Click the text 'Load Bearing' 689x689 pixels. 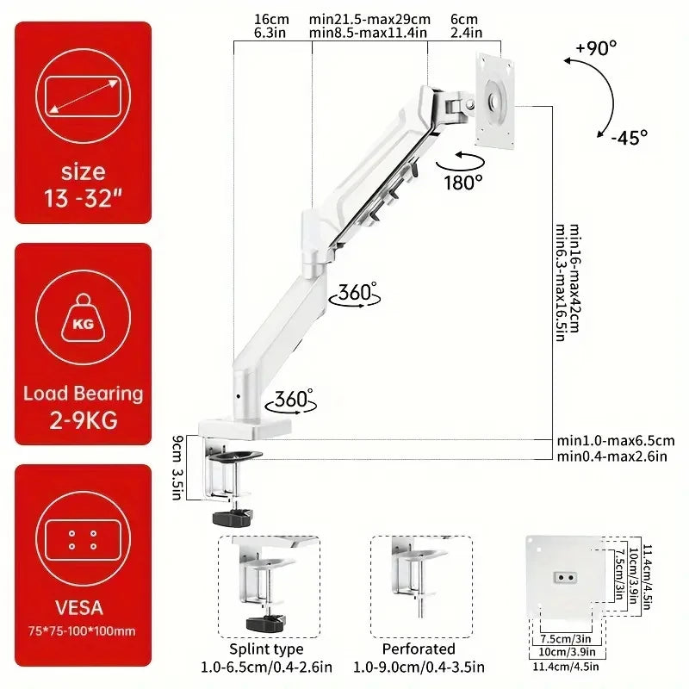click(x=84, y=394)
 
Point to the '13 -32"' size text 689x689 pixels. click(x=84, y=200)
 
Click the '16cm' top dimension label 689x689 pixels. click(x=272, y=19)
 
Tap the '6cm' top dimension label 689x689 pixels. click(x=463, y=19)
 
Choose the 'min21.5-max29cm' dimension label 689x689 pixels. click(x=369, y=19)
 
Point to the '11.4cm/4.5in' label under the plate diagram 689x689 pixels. click(x=565, y=664)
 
